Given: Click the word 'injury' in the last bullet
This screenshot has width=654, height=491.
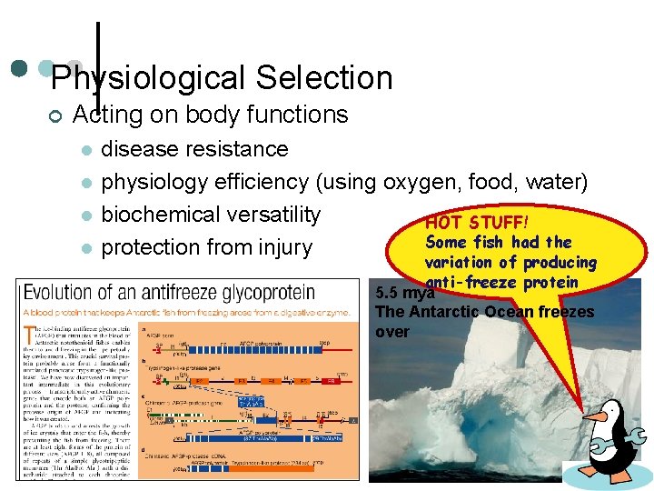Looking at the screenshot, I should [x=286, y=247].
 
